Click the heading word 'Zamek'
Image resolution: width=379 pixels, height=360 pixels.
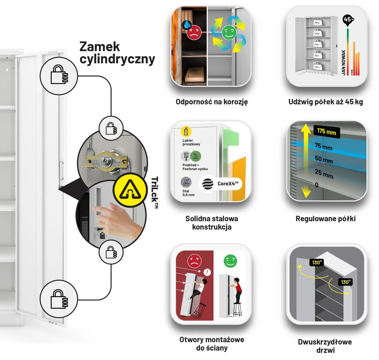click(100, 46)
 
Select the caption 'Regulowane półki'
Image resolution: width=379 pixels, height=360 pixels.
click(325, 219)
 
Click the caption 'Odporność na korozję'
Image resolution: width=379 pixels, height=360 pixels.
click(211, 101)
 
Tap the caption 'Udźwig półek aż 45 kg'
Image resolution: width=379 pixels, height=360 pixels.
click(325, 101)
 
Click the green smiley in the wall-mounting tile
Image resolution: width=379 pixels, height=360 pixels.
click(230, 261)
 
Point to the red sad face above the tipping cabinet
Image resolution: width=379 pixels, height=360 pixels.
click(194, 260)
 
